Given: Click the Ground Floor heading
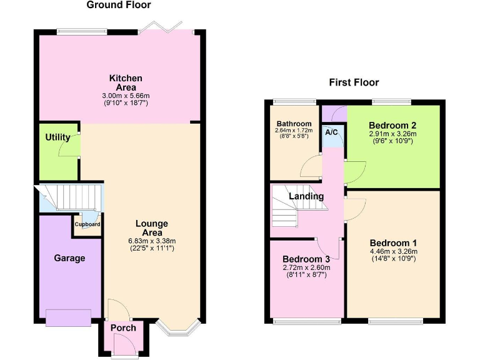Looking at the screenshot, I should point(118,5).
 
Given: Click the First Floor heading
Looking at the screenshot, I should point(354,82).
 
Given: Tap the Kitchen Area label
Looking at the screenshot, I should point(126,82).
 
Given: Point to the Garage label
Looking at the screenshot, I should point(69,257).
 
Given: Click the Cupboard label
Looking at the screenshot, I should point(87,224).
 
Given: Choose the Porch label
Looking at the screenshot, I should point(122,328).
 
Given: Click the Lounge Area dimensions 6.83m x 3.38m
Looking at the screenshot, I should point(151,241).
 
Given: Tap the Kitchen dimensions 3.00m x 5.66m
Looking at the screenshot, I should point(126,96).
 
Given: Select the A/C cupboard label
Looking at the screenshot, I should point(332,132).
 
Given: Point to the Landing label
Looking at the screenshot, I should point(306,196).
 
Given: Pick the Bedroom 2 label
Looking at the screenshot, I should point(392,124).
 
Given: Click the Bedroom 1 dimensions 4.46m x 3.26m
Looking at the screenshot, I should point(392,252).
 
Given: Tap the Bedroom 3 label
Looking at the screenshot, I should point(306,259).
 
